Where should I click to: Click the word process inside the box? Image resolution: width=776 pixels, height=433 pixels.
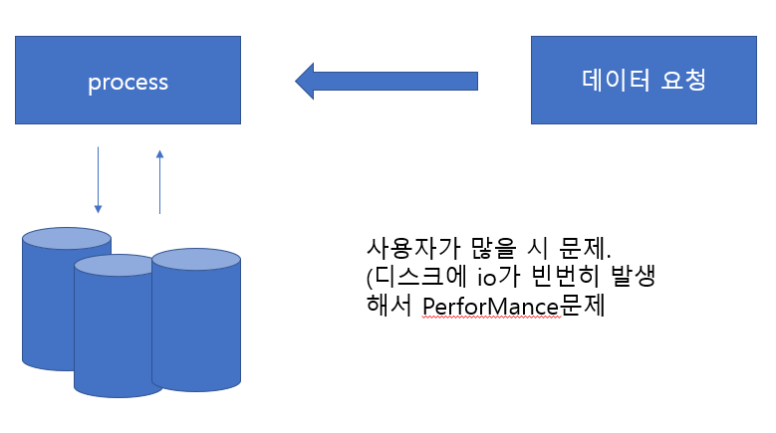(x=128, y=82)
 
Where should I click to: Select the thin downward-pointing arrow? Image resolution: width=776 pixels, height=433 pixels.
(x=98, y=180)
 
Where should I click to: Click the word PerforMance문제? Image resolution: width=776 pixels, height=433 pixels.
(x=514, y=306)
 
